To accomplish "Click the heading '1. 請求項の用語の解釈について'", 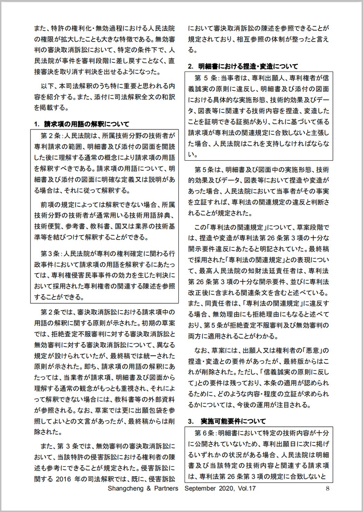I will click(x=81, y=124).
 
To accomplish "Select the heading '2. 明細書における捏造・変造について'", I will click(x=243, y=66).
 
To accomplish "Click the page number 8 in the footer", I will click(x=327, y=488).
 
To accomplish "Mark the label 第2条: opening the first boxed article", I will click(x=51, y=135).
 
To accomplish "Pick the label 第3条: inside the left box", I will click(x=51, y=253).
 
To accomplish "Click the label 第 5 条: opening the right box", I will click(x=207, y=78).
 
